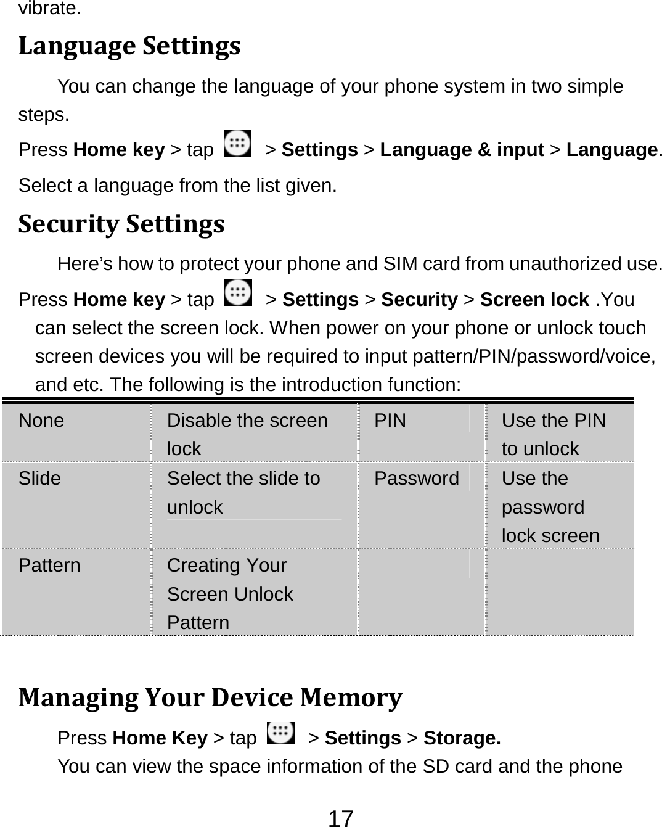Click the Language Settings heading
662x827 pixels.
pyautogui.click(x=129, y=47)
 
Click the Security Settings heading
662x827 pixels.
pyautogui.click(x=121, y=224)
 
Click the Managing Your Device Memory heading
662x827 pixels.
pyautogui.click(x=210, y=697)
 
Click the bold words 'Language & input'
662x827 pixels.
pyautogui.click(x=462, y=150)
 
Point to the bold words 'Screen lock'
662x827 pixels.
pyautogui.click(x=534, y=299)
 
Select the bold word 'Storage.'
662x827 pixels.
pyautogui.click(x=462, y=738)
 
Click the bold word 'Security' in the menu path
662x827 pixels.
pyautogui.click(x=419, y=299)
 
